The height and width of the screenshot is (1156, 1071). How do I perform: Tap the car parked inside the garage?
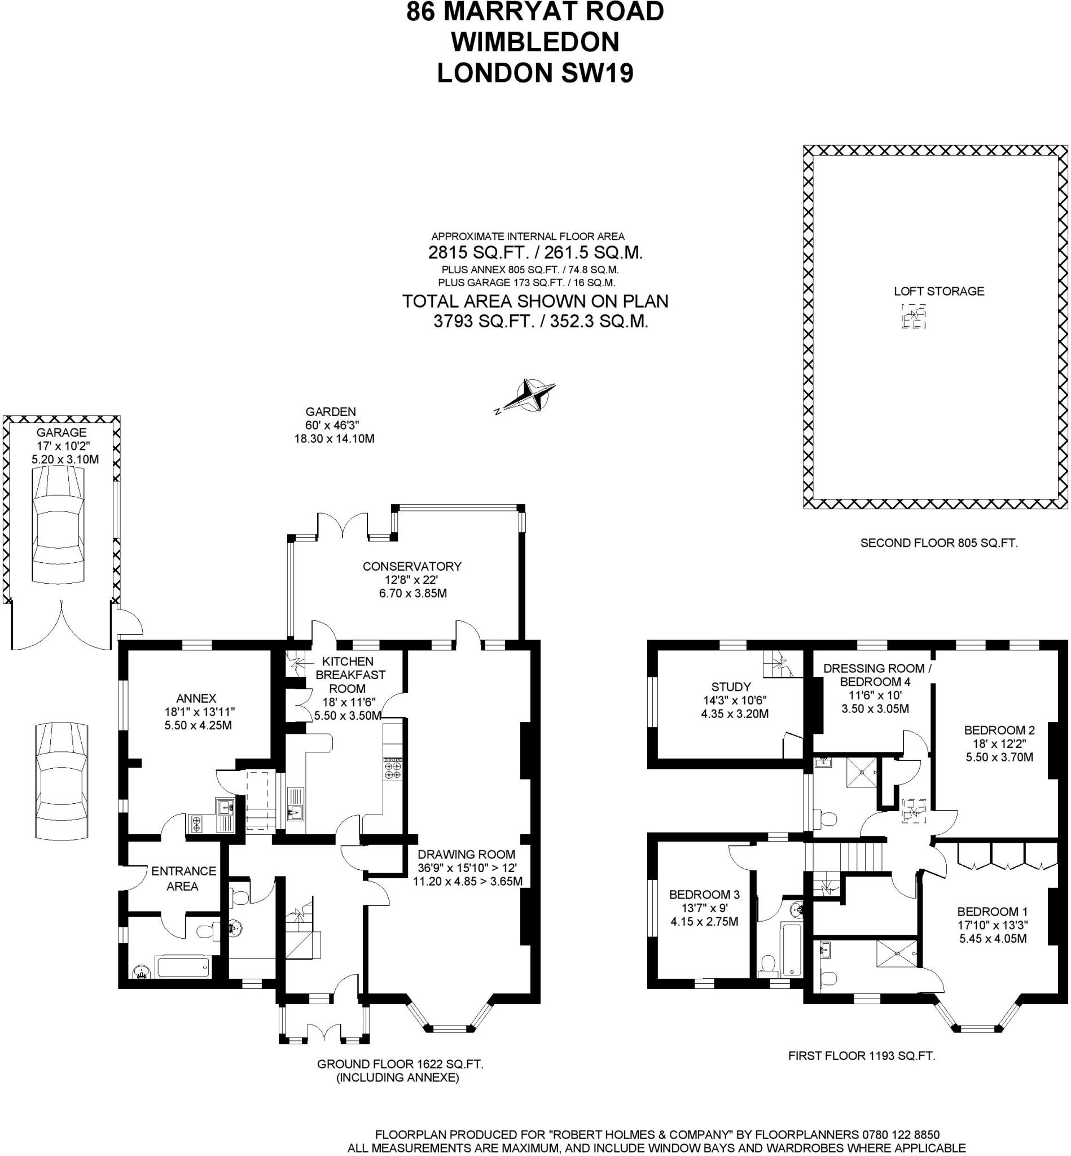point(58,526)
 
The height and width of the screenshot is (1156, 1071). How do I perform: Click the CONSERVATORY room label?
point(412,566)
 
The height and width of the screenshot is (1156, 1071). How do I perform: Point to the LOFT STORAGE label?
point(939,292)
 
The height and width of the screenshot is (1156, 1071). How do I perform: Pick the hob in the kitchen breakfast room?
point(392,768)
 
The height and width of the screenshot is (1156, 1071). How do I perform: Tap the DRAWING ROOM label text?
point(466,854)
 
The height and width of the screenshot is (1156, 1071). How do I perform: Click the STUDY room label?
point(731,687)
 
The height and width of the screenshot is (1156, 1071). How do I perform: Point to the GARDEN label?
point(330,411)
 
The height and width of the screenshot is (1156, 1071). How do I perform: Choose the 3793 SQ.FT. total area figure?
point(484,321)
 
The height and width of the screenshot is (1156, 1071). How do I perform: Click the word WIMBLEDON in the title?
point(535,42)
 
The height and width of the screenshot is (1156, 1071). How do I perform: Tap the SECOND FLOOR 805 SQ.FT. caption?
point(939,543)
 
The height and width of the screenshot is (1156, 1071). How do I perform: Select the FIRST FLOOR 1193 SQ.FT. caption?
point(862,1056)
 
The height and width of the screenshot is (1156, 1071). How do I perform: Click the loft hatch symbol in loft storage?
point(914,317)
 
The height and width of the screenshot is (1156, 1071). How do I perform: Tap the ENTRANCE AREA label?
point(183,878)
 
